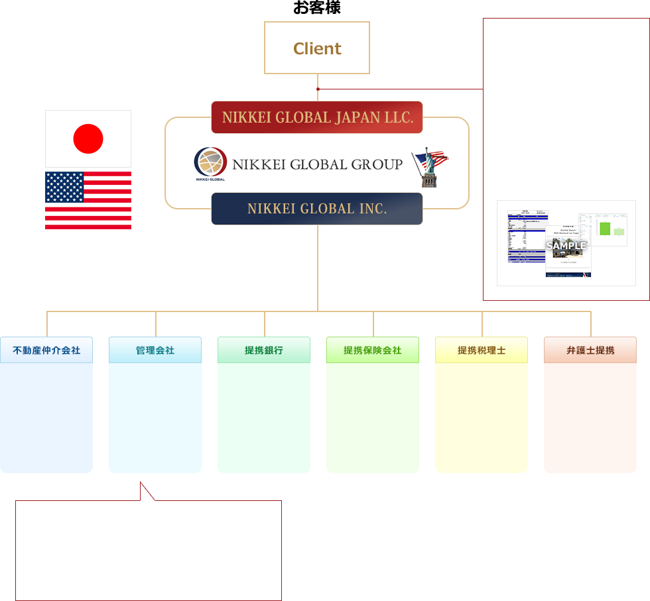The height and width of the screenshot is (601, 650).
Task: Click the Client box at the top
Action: (x=317, y=48)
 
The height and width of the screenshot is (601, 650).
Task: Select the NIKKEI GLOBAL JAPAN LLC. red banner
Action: (x=317, y=117)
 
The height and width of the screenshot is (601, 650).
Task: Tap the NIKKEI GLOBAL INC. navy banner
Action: (x=317, y=209)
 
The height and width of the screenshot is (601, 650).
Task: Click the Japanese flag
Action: (x=88, y=138)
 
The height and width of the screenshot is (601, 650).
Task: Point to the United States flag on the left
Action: (x=88, y=200)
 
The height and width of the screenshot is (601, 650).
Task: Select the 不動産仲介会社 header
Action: (x=46, y=350)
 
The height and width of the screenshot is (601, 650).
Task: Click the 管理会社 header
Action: (x=155, y=350)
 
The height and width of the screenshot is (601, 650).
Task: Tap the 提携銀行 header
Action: (x=264, y=350)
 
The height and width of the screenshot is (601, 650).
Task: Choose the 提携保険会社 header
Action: (x=373, y=350)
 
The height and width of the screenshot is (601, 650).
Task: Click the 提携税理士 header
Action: (x=482, y=350)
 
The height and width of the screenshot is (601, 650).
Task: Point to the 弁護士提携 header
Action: (x=590, y=350)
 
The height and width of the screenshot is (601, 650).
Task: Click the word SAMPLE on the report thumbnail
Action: (x=566, y=246)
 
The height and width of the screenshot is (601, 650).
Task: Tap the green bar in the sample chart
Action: (x=604, y=228)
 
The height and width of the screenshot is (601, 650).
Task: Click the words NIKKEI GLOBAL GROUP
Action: (x=317, y=164)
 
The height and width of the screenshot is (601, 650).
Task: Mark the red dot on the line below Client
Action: (x=318, y=89)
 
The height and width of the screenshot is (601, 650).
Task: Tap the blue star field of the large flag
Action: (x=64, y=188)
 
